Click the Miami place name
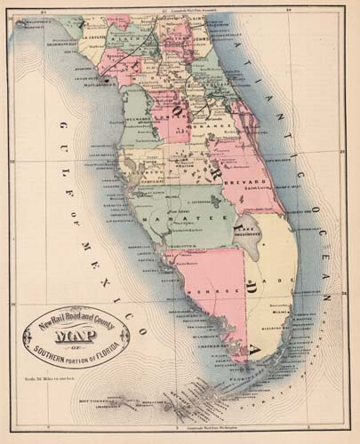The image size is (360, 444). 282,312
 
